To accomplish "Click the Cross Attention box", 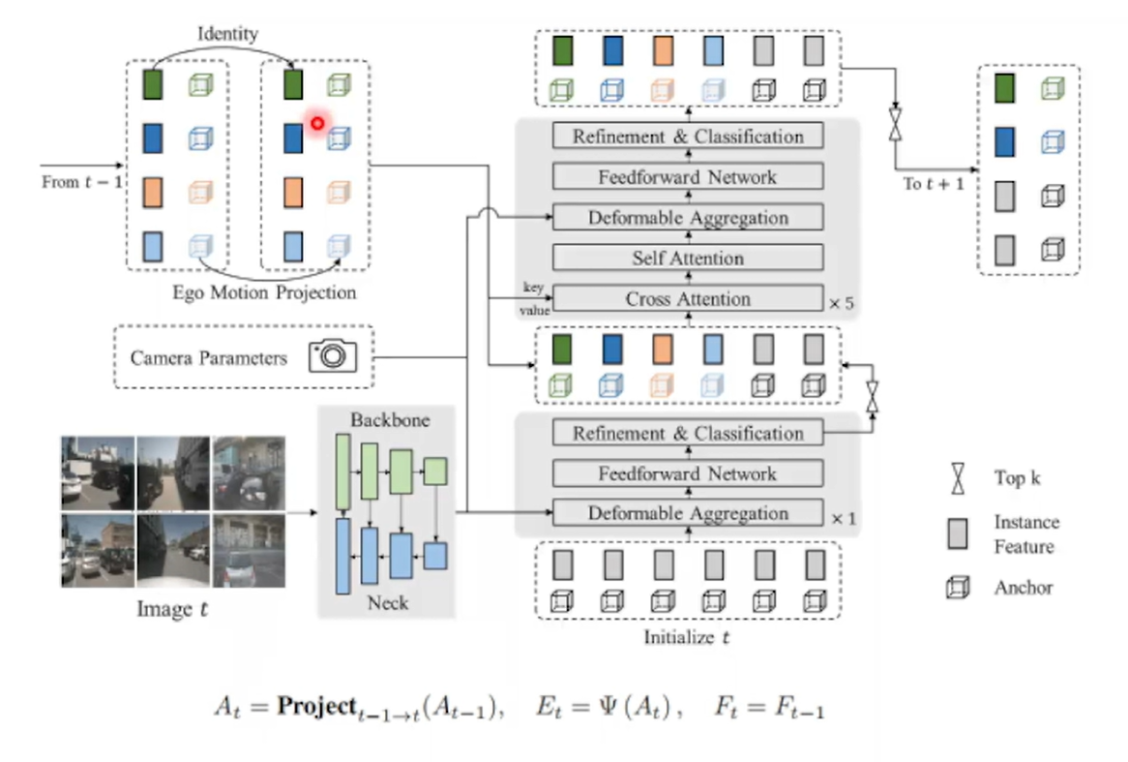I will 688,299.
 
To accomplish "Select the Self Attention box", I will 688,259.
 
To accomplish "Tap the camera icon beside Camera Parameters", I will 333,355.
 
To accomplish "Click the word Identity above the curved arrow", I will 227,34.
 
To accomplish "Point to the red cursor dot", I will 316,123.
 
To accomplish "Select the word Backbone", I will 390,421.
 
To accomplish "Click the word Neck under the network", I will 387,602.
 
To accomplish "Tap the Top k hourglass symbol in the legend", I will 957,478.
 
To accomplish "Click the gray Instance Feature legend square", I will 957,533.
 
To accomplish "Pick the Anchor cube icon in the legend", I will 957,587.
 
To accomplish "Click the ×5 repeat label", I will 841,303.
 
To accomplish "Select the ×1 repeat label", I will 843,519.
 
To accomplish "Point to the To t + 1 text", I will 934,184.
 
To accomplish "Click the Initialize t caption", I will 687,638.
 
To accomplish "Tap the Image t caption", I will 172,610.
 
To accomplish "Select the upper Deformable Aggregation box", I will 688,218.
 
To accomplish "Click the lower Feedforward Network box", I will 688,473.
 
